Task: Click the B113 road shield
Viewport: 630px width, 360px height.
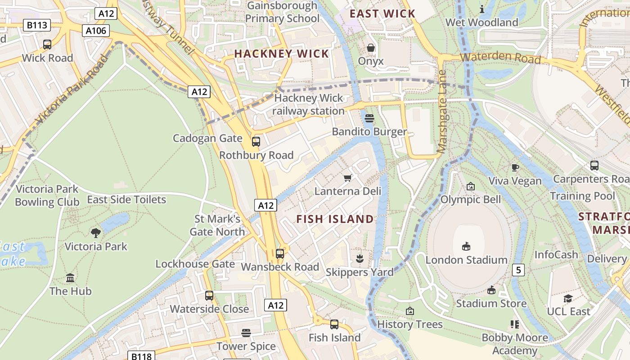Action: tap(37, 25)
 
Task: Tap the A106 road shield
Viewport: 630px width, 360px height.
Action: tap(96, 31)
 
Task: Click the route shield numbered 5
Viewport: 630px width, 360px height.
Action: tap(518, 270)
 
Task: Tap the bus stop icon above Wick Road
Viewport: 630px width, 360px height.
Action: tap(47, 45)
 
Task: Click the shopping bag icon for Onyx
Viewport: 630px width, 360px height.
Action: tap(371, 48)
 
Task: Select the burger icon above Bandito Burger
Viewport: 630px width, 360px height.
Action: tap(369, 118)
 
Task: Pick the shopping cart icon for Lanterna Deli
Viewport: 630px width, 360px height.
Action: tap(347, 178)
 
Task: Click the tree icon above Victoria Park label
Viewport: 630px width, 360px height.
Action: tap(95, 233)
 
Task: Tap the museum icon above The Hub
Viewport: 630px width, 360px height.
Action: tap(70, 278)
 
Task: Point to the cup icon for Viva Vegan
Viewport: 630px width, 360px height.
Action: tap(515, 168)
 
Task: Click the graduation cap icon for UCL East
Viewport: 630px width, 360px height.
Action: tap(568, 298)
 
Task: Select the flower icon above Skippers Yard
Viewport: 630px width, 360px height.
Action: tap(360, 259)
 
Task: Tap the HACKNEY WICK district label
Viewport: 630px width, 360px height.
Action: tap(282, 54)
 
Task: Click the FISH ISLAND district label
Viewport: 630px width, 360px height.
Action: tap(335, 219)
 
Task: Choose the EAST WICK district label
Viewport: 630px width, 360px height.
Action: tap(382, 13)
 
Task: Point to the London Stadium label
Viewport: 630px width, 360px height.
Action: tap(466, 260)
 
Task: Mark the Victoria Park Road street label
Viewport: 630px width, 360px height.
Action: tap(72, 90)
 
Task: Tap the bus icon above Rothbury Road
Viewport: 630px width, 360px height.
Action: tap(256, 142)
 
